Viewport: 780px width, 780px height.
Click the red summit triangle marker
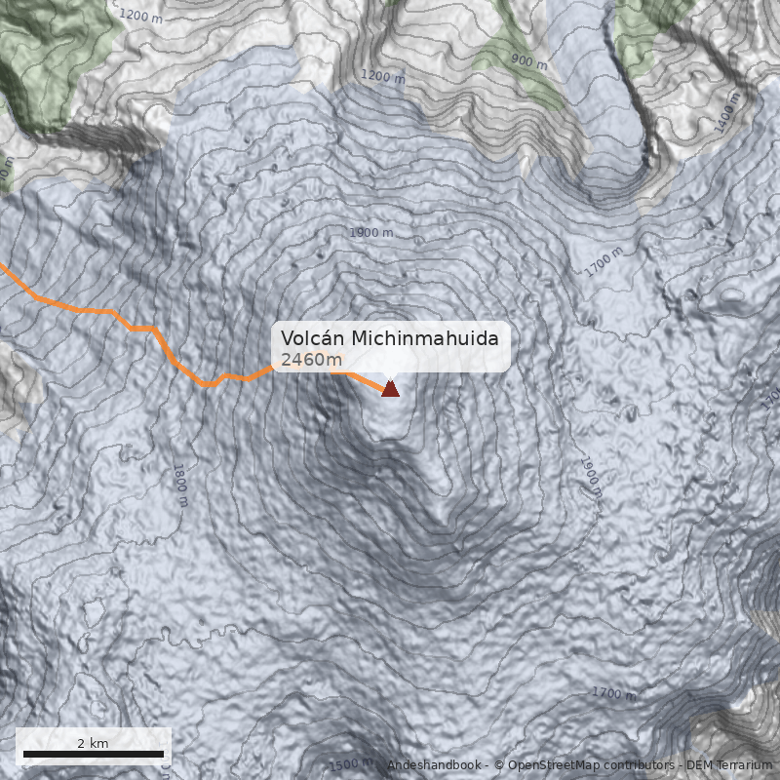tap(390, 389)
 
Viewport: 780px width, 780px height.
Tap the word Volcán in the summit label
tap(312, 338)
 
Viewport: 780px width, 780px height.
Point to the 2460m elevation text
tap(311, 361)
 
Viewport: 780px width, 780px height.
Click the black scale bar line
tap(94, 755)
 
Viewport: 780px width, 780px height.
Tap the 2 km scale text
tap(94, 743)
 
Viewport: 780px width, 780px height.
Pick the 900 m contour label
tap(528, 61)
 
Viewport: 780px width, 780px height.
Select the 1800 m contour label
tap(179, 486)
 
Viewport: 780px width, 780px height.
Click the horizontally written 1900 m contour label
tap(370, 233)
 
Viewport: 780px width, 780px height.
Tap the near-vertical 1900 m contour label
tap(591, 476)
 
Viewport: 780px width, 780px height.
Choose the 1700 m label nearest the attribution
tap(613, 693)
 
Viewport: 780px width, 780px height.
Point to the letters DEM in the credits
tap(699, 765)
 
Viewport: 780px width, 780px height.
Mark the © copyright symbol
tap(499, 765)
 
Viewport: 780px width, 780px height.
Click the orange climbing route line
tap(146, 329)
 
